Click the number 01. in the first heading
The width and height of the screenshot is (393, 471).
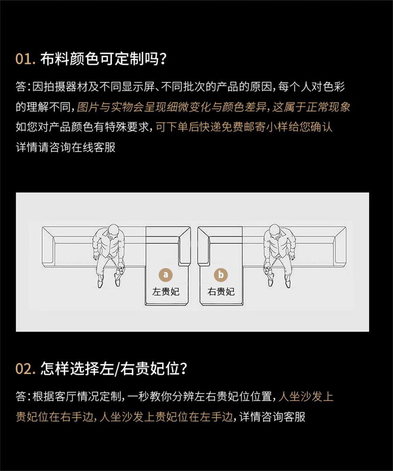25,58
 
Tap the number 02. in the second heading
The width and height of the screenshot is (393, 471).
25,369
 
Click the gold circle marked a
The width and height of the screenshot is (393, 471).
166,274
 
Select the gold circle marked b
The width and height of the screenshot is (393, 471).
221,274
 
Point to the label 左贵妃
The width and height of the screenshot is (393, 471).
166,291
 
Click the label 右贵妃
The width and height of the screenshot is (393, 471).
221,291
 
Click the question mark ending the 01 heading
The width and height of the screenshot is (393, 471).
163,58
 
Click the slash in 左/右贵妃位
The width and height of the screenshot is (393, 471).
117,369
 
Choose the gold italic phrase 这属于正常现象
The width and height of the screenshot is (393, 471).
311,107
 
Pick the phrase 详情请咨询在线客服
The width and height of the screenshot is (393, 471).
65,147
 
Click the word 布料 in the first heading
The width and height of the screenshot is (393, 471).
55,58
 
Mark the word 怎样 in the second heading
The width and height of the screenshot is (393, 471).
55,369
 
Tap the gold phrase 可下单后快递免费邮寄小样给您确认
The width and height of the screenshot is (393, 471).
244,127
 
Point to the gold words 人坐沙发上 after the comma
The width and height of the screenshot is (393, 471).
306,396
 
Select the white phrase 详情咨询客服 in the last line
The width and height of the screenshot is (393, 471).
272,417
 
